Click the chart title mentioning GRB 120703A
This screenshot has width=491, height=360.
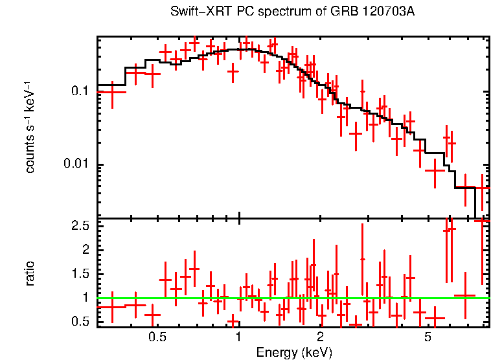[292, 12]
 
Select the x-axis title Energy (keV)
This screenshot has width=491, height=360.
[294, 352]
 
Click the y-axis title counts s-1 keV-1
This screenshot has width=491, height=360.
[30, 127]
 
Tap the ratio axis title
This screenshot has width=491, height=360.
[30, 273]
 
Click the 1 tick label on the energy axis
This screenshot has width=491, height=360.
[239, 337]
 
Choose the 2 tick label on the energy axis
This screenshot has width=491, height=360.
[321, 337]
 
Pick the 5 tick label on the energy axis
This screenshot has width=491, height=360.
[428, 337]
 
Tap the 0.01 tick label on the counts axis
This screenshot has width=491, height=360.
[76, 164]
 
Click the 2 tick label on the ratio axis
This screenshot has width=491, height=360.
[85, 250]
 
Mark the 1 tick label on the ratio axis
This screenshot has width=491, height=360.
[85, 298]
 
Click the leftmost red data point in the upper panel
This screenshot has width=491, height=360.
[112, 92]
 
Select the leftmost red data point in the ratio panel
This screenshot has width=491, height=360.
[112, 307]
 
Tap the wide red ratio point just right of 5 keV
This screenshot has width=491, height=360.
[435, 318]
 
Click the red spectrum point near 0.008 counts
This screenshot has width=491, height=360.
[435, 170]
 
